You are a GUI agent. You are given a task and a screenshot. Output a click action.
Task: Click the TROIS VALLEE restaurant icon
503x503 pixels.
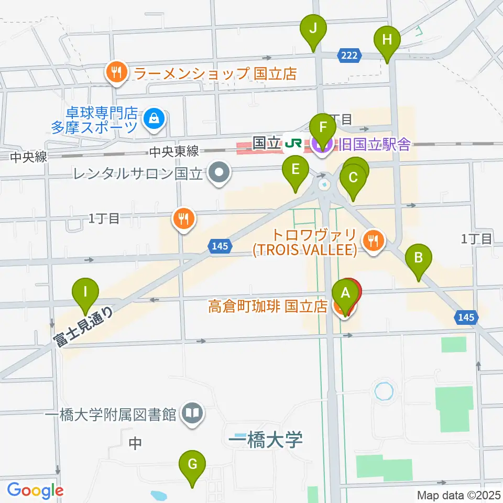373,241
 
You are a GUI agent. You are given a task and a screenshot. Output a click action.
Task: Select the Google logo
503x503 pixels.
35,490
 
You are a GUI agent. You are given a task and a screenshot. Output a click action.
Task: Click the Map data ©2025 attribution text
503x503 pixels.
458,494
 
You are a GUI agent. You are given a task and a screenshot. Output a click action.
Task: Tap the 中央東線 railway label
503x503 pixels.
174,151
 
